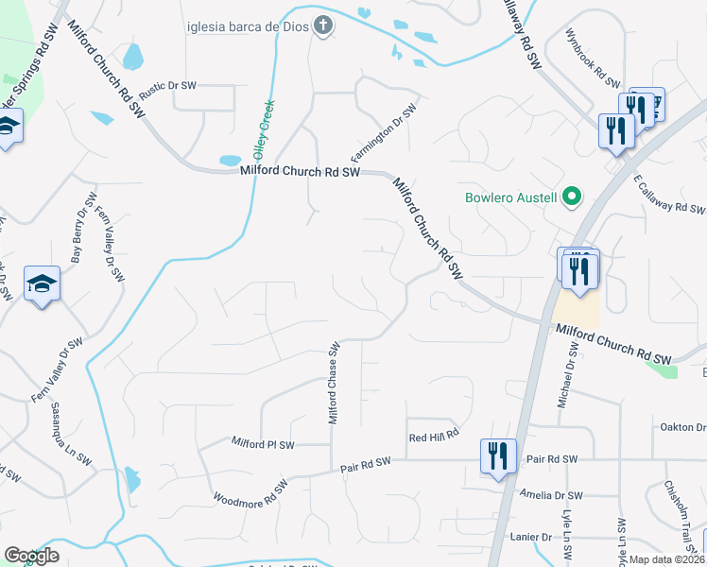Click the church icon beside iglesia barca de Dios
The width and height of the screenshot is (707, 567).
pyautogui.click(x=323, y=25)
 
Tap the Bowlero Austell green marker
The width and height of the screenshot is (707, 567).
pyautogui.click(x=571, y=198)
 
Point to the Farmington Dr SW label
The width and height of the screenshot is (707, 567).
pyautogui.click(x=384, y=132)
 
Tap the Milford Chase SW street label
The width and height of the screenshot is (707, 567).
pyautogui.click(x=334, y=383)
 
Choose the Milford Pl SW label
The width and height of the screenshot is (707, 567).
pyautogui.click(x=264, y=443)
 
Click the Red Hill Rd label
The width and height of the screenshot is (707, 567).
pyautogui.click(x=434, y=435)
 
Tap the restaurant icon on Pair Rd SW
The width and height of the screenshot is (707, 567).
pyautogui.click(x=498, y=456)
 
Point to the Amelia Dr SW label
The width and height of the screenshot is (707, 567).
pyautogui.click(x=553, y=495)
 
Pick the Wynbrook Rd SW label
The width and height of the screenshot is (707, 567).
pyautogui.click(x=593, y=56)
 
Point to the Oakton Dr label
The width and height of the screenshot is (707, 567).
pyautogui.click(x=681, y=425)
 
